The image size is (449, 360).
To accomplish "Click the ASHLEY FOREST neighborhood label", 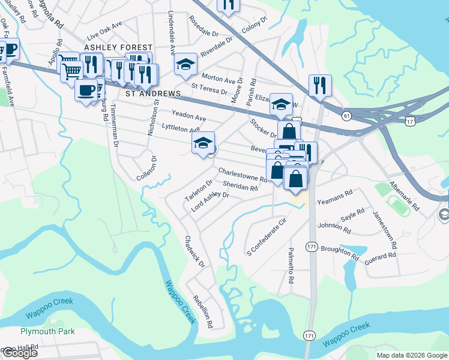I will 118,47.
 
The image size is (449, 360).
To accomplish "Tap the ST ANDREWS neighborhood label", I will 153,94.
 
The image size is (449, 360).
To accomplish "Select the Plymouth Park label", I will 47,331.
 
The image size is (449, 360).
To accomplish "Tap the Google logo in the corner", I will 19,353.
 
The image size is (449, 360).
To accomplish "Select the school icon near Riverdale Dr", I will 186,64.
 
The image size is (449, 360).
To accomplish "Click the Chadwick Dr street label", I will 194,251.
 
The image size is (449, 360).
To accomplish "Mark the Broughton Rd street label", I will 340,253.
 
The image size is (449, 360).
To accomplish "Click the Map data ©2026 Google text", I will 411,355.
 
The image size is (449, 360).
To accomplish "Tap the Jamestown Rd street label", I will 384,230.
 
